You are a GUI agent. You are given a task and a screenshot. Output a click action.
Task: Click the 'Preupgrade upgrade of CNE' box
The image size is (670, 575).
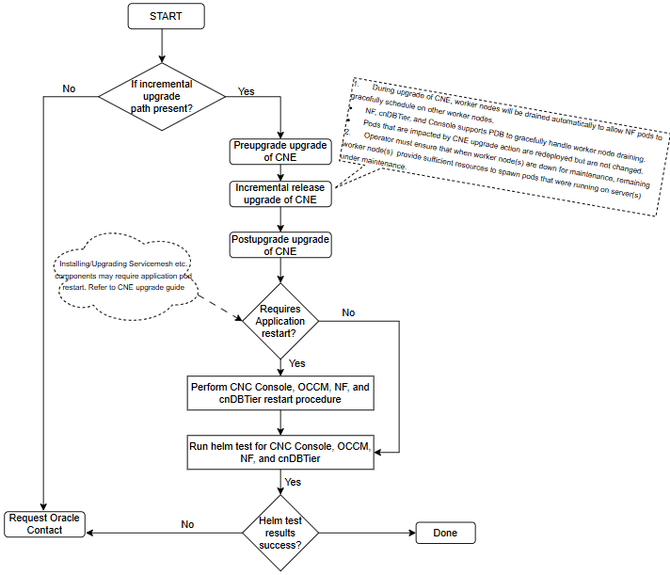280,151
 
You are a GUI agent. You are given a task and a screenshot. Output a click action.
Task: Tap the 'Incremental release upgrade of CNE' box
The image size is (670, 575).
280,193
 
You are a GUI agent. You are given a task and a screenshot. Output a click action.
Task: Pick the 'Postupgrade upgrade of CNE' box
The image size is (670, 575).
280,245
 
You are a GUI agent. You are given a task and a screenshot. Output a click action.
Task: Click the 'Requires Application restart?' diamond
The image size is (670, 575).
280,321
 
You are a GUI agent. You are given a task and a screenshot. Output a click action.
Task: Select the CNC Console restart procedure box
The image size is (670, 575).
280,393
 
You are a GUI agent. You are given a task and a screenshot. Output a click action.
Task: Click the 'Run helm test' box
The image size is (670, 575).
280,452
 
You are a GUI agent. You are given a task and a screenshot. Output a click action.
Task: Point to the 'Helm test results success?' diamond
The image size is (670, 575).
280,533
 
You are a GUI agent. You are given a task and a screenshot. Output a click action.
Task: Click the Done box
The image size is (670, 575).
445,533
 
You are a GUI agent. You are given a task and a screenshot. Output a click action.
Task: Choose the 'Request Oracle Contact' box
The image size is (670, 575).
44,524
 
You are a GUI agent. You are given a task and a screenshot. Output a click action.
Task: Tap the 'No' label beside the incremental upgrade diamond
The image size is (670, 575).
69,88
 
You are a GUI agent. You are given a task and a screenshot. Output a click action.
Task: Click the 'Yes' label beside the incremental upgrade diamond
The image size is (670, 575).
247,91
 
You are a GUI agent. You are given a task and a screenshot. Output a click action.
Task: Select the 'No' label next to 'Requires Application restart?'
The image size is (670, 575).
348,312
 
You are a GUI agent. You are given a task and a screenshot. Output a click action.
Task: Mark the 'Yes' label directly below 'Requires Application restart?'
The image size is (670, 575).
296,363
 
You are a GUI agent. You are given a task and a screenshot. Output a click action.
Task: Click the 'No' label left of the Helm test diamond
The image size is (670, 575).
187,525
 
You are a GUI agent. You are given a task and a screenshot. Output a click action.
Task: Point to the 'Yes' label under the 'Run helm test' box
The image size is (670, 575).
294,481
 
